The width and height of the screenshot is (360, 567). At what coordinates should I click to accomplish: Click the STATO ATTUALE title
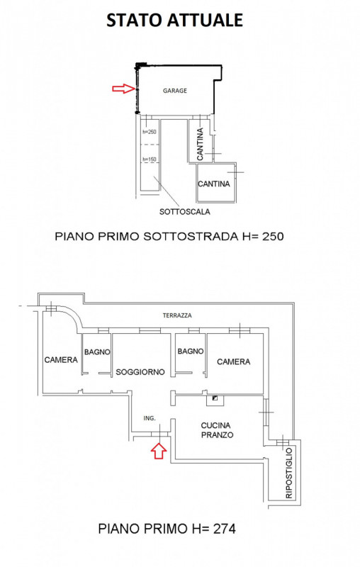pos(174,21)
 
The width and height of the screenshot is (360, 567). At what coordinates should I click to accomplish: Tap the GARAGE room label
pos(175,91)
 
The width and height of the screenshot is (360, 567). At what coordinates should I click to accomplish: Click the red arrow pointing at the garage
pos(123,88)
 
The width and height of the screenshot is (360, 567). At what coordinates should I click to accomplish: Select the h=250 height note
pos(150,132)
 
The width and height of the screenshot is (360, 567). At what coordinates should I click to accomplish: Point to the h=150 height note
pos(150,159)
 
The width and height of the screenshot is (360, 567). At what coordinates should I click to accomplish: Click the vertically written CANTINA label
pos(200,144)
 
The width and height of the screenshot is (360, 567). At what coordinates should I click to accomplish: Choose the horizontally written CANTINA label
pos(213,184)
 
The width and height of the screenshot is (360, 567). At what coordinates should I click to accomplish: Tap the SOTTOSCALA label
pos(184,211)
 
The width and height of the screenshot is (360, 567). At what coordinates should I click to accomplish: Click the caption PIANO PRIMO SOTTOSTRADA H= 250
pos(169,237)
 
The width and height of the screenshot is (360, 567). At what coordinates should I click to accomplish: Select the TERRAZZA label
pos(177,315)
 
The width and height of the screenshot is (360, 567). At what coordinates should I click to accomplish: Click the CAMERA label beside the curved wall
pos(61,360)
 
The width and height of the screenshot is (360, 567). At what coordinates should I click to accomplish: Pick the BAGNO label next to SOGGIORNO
pos(97,352)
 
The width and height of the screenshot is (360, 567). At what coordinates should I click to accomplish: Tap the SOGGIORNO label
pos(140,371)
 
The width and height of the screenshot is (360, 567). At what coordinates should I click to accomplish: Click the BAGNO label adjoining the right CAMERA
pos(191,351)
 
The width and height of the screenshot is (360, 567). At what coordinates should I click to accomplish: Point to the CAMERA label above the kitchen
pos(233,361)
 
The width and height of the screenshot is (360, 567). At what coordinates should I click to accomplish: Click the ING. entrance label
pos(150,418)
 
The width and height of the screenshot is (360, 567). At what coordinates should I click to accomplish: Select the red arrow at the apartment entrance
pos(159,451)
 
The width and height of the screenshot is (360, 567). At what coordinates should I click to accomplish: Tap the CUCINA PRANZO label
pos(217,430)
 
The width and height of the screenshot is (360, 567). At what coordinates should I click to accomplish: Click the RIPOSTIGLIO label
pos(289,473)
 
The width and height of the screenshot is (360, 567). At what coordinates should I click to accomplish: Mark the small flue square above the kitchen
pos(215,398)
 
